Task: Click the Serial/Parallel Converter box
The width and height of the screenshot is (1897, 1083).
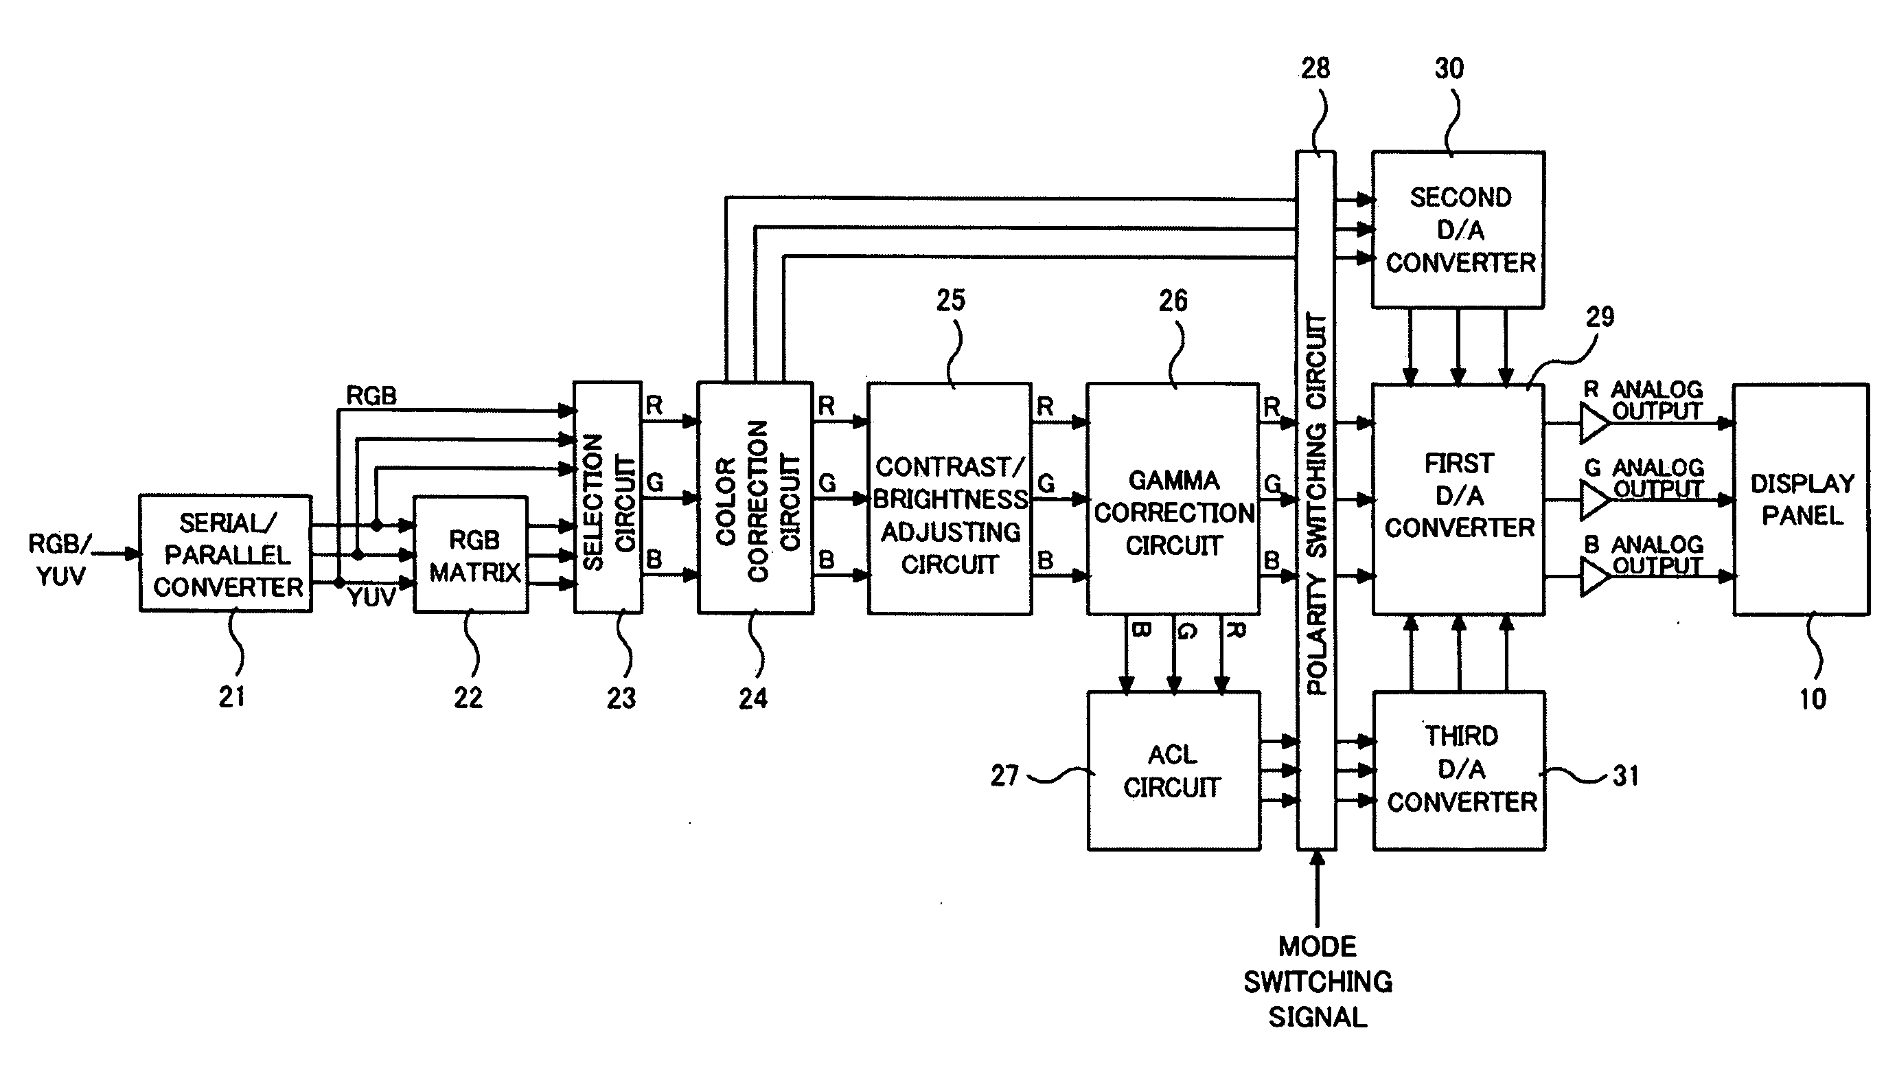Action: [x=225, y=554]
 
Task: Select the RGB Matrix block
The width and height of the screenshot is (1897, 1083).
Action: [x=471, y=555]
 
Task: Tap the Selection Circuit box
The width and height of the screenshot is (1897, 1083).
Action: [x=608, y=498]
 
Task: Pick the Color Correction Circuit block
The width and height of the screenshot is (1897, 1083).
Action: [x=755, y=498]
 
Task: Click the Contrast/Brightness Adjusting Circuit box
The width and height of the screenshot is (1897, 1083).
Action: [x=950, y=499]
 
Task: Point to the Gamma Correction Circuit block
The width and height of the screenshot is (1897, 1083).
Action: [x=1173, y=499]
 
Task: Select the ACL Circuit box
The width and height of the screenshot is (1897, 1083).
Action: [x=1174, y=771]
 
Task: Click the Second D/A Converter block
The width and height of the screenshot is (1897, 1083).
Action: [x=1458, y=230]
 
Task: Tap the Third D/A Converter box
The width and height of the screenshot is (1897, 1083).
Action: [x=1460, y=771]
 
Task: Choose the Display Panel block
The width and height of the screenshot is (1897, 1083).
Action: [x=1801, y=499]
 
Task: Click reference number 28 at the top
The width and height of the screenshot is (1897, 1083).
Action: [x=1315, y=69]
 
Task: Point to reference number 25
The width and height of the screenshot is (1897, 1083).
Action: [x=950, y=301]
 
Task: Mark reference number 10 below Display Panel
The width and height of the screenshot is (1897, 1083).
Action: [x=1813, y=699]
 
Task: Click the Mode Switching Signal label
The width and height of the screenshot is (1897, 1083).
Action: [x=1318, y=982]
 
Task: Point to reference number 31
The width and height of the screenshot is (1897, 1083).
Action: [x=1626, y=777]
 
